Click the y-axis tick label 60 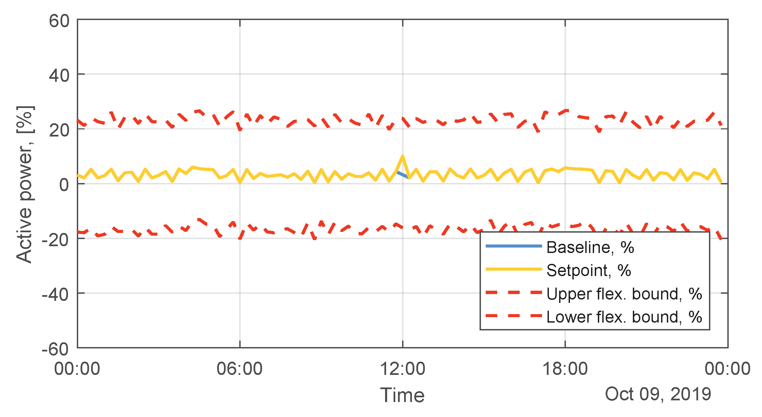(59, 21)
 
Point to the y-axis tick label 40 (59, 75)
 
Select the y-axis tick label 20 (59, 130)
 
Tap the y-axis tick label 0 (64, 185)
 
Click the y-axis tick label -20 (55, 240)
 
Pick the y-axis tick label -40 (55, 294)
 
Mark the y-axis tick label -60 (55, 349)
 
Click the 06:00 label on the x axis (240, 369)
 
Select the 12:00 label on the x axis (402, 369)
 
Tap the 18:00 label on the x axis (565, 369)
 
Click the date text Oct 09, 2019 (658, 394)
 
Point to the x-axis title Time (402, 395)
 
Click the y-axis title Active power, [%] (24, 184)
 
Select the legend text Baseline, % (590, 247)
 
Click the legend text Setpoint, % (589, 271)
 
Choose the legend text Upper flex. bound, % (624, 294)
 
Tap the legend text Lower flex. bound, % (624, 317)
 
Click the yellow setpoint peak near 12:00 (402, 157)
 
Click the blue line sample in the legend (514, 246)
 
